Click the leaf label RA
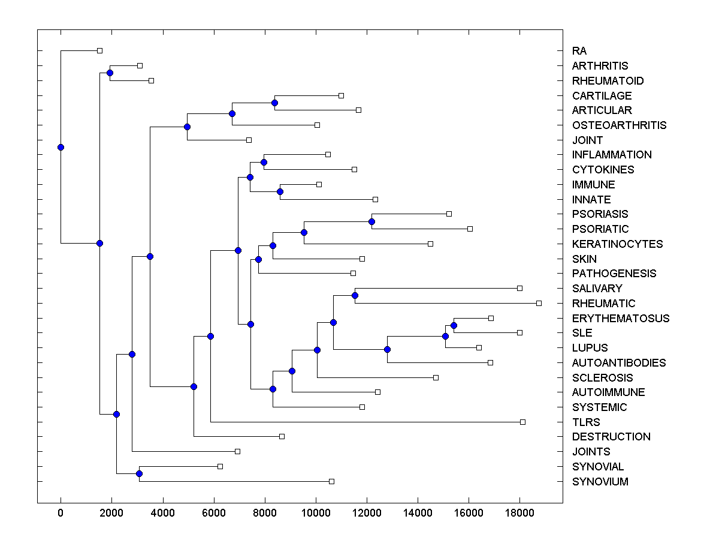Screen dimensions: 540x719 [579, 51]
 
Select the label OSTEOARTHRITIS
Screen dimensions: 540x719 [619, 125]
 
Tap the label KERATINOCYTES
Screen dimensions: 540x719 [617, 244]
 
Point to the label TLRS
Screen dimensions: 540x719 [586, 422]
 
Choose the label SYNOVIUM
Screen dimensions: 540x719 [600, 482]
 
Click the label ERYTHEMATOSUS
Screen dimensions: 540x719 [621, 319]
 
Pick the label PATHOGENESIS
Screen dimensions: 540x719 [614, 274]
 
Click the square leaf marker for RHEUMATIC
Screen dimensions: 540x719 [539, 303]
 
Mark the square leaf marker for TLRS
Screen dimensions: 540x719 [522, 422]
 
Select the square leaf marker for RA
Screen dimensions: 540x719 [100, 50]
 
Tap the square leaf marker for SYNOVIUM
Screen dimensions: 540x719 [331, 481]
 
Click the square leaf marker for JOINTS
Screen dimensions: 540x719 [237, 451]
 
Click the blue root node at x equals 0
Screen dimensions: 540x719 [61, 147]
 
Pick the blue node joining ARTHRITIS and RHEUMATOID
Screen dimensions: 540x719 [110, 73]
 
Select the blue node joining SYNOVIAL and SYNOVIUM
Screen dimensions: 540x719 [139, 474]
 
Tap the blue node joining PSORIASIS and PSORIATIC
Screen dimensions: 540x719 [371, 221]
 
